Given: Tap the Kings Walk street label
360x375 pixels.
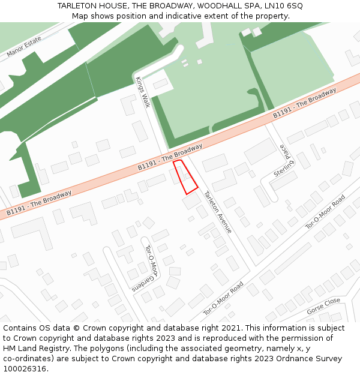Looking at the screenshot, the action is coord(143,92).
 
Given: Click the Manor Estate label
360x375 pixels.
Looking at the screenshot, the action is coord(24,47).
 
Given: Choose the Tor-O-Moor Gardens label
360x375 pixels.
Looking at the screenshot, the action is coord(151,262).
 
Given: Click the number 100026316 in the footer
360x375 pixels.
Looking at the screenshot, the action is coord(26,368).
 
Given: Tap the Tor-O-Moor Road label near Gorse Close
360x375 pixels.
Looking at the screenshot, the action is coord(326,212).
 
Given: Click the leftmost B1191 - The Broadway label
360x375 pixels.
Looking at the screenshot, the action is coord(39,203).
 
